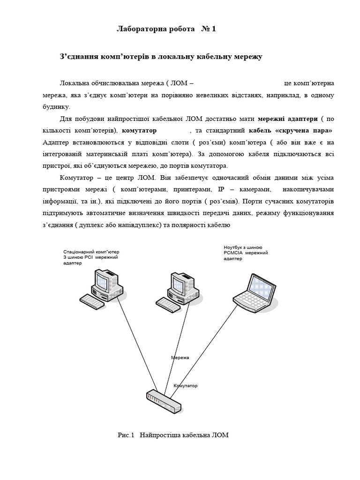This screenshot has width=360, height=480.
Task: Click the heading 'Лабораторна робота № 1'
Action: [166, 29]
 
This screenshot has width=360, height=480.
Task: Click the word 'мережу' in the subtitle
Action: [245, 57]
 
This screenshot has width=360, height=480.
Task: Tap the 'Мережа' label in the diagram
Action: [180, 358]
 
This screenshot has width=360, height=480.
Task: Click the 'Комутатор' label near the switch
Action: [186, 386]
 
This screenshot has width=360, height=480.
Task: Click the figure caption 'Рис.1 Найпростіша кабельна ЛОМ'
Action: [173, 435]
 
